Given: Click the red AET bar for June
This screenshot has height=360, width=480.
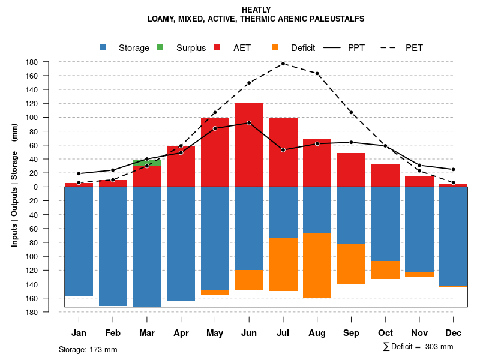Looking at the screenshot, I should (249, 144).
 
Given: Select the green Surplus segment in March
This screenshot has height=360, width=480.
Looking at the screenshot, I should (147, 163).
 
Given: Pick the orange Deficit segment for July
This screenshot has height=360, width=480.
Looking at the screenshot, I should (283, 264).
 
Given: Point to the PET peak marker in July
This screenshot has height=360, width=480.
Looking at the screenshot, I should (283, 64).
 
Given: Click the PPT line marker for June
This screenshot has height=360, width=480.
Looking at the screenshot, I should (249, 123).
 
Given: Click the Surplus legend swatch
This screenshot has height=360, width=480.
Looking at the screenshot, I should (160, 48).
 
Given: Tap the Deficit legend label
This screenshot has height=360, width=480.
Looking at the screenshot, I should (303, 48).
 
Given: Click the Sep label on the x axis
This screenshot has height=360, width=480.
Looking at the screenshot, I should (352, 333).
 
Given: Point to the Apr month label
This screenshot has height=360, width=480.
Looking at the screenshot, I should (181, 333).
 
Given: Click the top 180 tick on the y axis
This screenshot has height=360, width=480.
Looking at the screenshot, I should (49, 62).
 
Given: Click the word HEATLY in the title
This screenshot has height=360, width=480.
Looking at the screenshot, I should (256, 10).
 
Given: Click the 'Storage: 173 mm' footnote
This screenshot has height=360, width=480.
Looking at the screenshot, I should (88, 349).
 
